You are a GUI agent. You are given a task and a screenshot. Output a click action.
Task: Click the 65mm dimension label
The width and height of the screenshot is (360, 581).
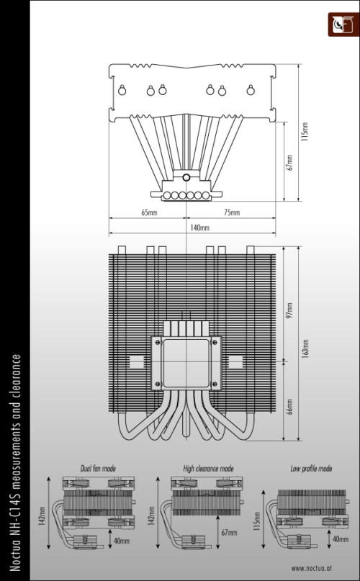[149, 212]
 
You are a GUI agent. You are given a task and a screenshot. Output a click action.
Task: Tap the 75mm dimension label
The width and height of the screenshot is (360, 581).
[232, 212]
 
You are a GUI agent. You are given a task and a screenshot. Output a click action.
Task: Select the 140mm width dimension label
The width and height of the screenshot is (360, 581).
[199, 228]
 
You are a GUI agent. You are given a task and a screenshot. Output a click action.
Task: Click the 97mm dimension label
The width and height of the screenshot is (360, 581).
[290, 310]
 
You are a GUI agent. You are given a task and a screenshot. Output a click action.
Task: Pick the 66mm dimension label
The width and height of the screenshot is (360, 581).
[290, 407]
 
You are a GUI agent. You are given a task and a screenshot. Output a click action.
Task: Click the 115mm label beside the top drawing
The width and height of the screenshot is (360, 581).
[305, 132]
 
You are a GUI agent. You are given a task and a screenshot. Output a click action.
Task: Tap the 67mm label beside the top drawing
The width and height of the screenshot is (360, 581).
[290, 162]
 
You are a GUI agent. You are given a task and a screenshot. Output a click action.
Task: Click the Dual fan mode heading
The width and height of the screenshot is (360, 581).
[98, 469]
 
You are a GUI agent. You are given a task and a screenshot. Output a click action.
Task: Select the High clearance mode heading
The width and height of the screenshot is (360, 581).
[208, 469]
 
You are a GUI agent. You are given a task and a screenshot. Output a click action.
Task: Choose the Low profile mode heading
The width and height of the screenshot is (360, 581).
[311, 469]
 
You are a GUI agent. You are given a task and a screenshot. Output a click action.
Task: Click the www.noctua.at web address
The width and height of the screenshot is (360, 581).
[312, 567]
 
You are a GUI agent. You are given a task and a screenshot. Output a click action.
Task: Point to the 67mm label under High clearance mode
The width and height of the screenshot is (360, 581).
[229, 533]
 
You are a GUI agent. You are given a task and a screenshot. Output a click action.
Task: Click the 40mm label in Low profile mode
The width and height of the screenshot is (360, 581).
[341, 539]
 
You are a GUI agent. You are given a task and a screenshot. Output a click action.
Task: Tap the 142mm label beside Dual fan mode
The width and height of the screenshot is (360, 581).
[42, 515]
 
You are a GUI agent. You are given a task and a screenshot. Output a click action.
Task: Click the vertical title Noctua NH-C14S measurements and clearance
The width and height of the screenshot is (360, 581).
[15, 462]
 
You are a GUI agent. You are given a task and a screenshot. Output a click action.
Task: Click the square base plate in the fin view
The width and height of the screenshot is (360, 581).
[186, 363]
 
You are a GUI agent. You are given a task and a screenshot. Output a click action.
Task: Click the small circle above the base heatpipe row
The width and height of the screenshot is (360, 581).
[186, 178]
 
